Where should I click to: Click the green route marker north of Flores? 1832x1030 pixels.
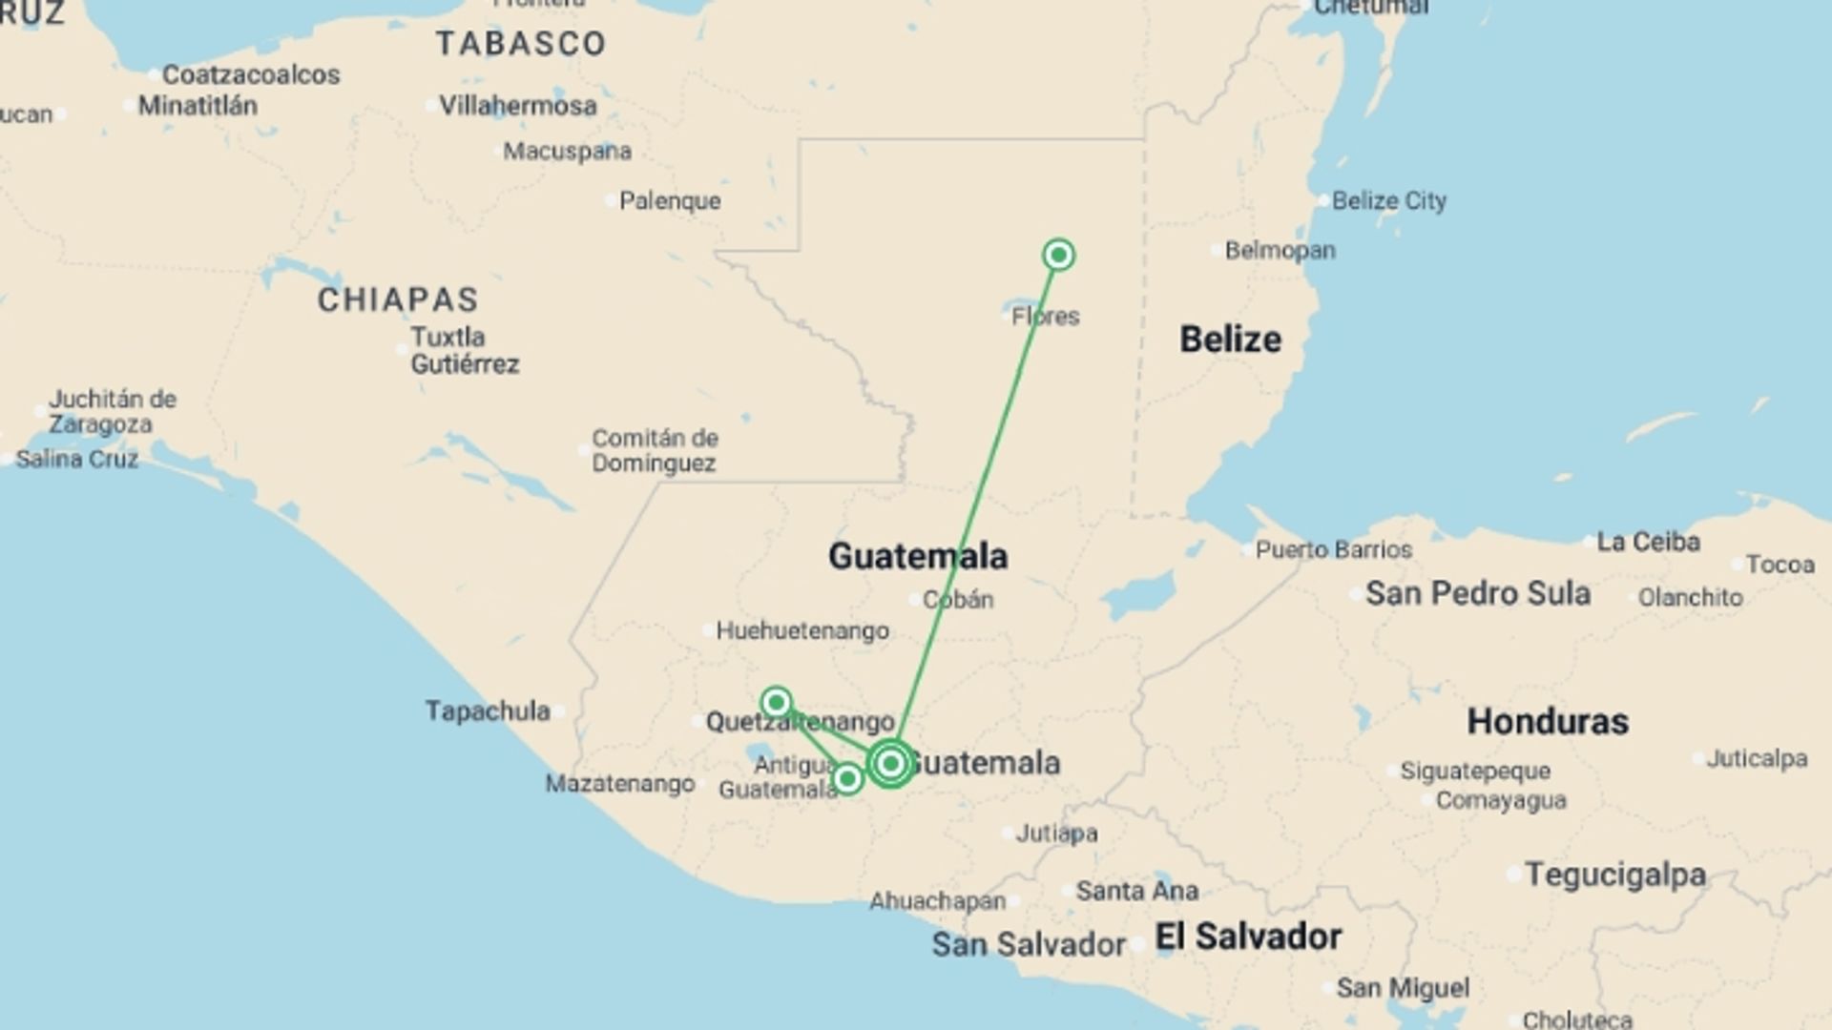coord(1058,255)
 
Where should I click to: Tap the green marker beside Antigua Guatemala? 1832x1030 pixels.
coord(847,780)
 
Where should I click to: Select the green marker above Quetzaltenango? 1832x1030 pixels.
coord(777,703)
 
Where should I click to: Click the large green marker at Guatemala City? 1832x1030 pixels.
coord(890,763)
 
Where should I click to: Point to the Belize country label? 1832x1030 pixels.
coord(1230,340)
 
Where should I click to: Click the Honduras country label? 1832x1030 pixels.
coord(1547,721)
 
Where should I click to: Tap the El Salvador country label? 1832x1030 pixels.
coord(1248,937)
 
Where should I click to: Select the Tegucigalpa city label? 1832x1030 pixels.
coord(1615,874)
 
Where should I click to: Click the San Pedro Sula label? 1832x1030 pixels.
coord(1477,593)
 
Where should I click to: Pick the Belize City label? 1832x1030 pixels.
coord(1388,200)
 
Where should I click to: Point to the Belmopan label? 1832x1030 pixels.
coord(1280,250)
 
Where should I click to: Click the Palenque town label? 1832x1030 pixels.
coord(670,200)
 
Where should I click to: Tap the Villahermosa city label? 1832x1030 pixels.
coord(517,105)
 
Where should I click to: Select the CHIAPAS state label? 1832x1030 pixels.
coord(398,299)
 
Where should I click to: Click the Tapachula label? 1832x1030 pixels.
coord(488,711)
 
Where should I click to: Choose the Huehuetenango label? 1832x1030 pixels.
coord(801,630)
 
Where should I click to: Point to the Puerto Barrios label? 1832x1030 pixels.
coord(1333,549)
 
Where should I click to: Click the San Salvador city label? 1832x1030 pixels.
coord(1029,944)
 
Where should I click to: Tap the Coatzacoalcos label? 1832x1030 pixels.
coord(251,74)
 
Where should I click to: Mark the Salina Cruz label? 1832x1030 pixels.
coord(77,459)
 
